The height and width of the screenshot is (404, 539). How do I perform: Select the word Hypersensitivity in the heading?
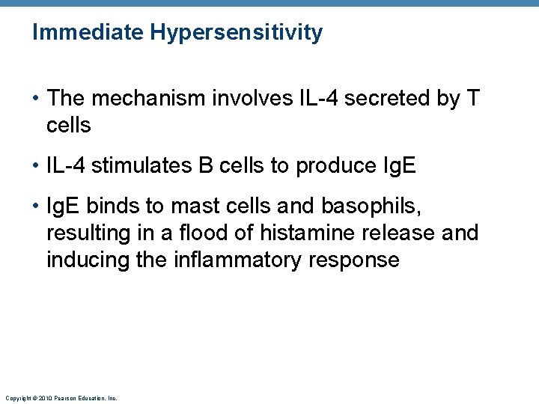pyautogui.click(x=236, y=33)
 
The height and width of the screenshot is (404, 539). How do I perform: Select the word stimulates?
pyautogui.click(x=141, y=165)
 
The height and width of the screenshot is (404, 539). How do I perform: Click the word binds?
pyautogui.click(x=114, y=206)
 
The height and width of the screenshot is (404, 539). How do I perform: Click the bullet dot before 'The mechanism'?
pyautogui.click(x=36, y=99)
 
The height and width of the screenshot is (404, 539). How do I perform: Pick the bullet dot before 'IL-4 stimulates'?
pyautogui.click(x=36, y=166)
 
